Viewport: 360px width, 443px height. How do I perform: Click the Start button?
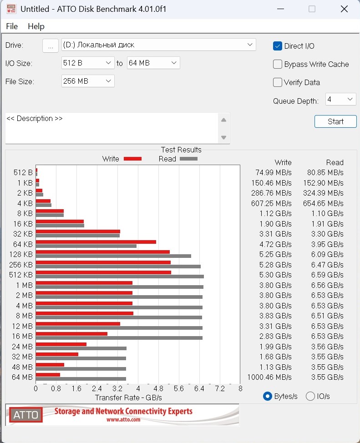335,121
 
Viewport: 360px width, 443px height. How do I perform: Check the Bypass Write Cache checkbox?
278,64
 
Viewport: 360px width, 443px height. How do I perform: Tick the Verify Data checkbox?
278,82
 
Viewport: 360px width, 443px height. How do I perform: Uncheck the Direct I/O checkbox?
278,46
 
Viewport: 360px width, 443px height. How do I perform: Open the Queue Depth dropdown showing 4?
340,99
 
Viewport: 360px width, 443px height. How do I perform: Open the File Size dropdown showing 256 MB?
88,81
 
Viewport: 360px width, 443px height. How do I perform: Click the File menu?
12,26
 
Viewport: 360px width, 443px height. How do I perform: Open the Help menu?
36,26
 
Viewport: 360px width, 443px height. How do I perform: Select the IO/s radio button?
310,396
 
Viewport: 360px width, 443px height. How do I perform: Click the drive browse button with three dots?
51,45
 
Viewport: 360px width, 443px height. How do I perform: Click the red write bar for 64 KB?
96,242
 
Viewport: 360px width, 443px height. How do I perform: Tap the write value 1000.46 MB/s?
269,377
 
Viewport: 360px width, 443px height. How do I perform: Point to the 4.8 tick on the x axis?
158,389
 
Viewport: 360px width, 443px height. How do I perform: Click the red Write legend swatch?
133,159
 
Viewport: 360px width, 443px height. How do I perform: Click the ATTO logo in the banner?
25,414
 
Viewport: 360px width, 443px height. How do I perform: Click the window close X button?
344,9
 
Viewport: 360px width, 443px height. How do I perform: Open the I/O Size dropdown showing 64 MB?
153,63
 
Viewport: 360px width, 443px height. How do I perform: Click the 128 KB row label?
21,254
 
